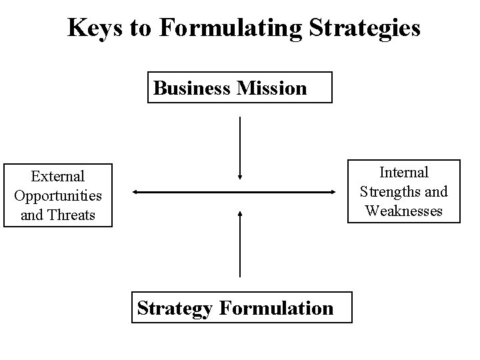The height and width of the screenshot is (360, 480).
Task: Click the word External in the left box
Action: click(x=58, y=177)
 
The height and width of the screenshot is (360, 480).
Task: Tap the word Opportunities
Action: click(x=58, y=196)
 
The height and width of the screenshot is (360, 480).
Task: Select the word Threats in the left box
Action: click(x=71, y=215)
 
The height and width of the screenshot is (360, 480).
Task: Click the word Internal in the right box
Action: click(x=404, y=173)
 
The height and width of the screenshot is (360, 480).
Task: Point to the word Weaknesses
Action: click(x=404, y=211)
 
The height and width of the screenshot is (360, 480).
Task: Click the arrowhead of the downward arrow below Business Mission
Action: click(x=240, y=177)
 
